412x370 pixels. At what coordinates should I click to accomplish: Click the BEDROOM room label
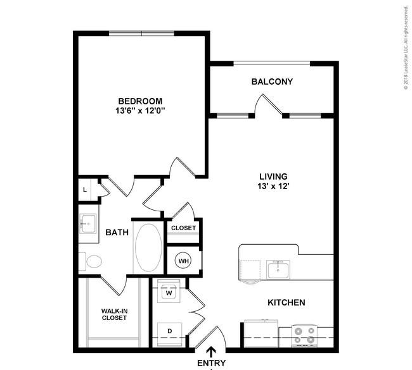pos(140,101)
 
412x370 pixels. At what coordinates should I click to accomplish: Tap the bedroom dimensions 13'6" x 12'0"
pos(140,111)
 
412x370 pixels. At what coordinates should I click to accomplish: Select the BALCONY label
pos(272,82)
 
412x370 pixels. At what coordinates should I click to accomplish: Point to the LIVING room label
pos(273,176)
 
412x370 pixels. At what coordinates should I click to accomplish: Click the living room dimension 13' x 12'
pos(273,187)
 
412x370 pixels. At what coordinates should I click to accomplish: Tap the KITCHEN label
pos(286,303)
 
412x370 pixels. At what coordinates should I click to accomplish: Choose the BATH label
pos(117,233)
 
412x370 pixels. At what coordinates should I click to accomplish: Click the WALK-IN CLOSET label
pos(115,314)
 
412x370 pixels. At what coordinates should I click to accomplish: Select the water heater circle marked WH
pos(183,260)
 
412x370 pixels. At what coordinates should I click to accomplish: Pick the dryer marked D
pos(169,331)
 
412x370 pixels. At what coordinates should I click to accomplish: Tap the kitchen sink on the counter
pos(278,269)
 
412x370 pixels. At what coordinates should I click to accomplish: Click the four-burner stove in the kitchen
pos(304,336)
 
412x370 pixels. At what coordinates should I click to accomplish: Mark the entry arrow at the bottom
pos(212,351)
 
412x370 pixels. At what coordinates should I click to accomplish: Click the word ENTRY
pos(212,364)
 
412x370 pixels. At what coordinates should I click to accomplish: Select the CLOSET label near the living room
pos(184,228)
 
